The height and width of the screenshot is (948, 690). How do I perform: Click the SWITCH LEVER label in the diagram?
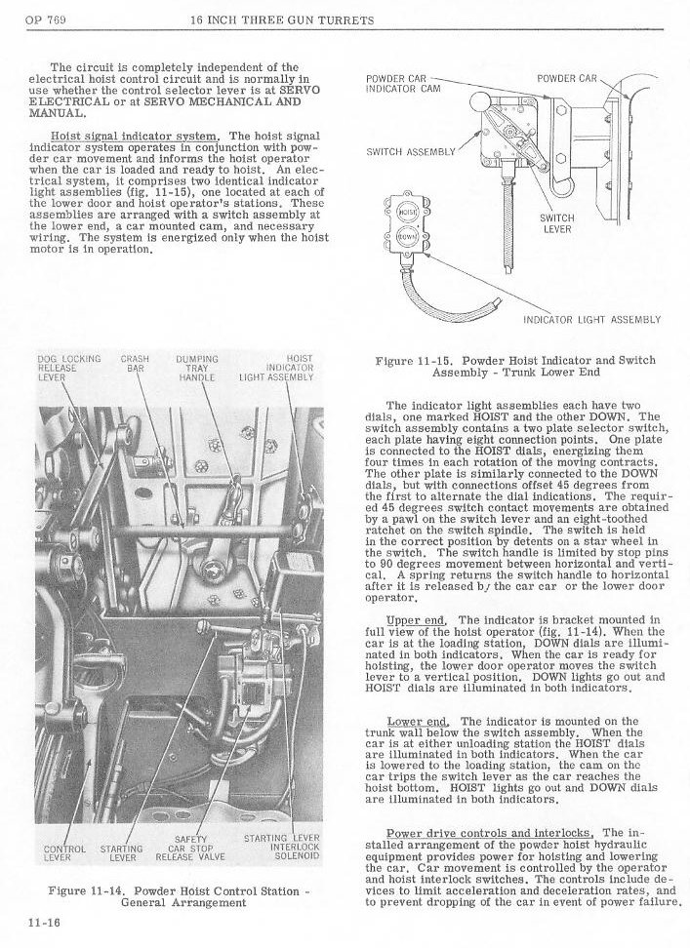coord(557,224)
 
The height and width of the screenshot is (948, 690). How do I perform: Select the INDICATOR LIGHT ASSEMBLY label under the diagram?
coord(591,319)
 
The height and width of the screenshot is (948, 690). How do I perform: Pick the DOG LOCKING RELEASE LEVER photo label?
coord(68,369)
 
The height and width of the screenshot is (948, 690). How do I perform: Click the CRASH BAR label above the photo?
coord(135,364)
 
